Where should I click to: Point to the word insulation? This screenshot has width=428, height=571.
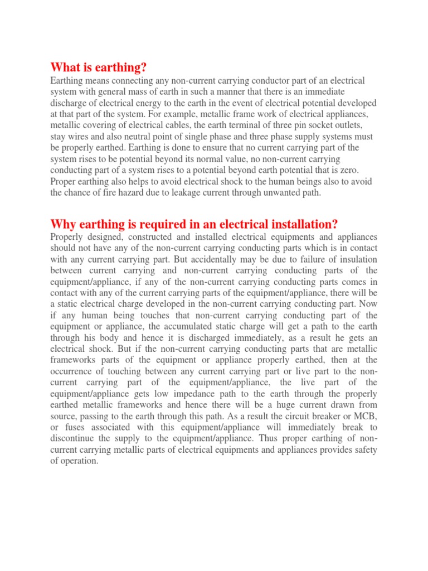(x=357, y=259)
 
